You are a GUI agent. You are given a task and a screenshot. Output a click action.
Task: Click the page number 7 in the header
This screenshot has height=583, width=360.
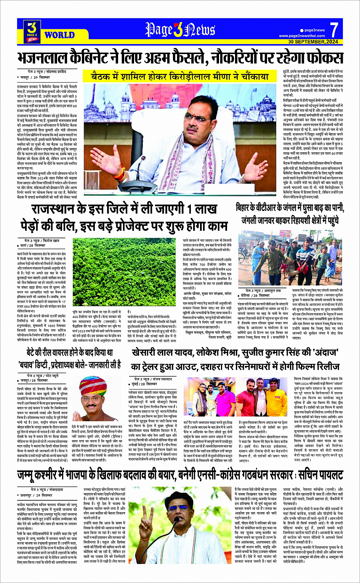click(x=334, y=29)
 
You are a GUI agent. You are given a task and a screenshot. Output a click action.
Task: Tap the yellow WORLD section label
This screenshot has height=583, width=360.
click(x=59, y=35)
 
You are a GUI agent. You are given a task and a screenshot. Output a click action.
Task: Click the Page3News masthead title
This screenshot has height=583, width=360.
click(x=180, y=30)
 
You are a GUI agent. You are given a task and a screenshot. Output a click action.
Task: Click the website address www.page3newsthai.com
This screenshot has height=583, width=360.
click(x=302, y=36)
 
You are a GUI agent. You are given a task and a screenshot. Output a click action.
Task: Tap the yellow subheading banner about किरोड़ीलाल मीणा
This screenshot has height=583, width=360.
click(x=180, y=77)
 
